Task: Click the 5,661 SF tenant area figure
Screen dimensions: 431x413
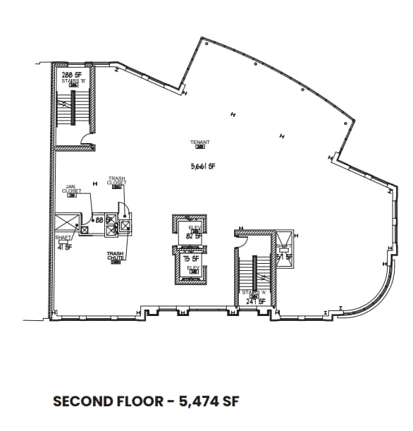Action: point(202,167)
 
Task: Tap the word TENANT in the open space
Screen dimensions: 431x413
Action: point(200,142)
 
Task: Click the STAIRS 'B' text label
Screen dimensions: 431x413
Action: point(73,81)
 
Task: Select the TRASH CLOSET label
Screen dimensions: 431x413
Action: point(117,181)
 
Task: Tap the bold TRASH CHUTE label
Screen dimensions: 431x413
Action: point(116,255)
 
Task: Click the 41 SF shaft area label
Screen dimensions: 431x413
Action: point(64,247)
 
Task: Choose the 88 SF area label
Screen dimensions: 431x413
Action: point(102,220)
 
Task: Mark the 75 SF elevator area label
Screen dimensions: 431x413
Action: point(189,259)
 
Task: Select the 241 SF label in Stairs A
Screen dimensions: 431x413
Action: point(255,301)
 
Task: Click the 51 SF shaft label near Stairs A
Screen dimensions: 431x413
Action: point(283,257)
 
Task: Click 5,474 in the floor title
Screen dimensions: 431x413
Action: point(197,401)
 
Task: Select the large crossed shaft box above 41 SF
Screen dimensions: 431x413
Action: point(64,224)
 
